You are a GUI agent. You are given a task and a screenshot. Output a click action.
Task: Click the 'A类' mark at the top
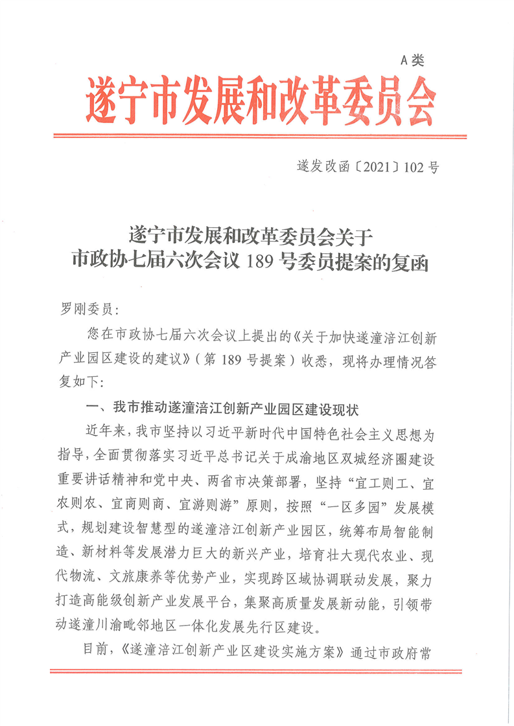[412, 61]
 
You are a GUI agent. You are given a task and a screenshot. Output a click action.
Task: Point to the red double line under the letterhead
[259, 136]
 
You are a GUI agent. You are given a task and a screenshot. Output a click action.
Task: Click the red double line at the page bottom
[259, 671]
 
